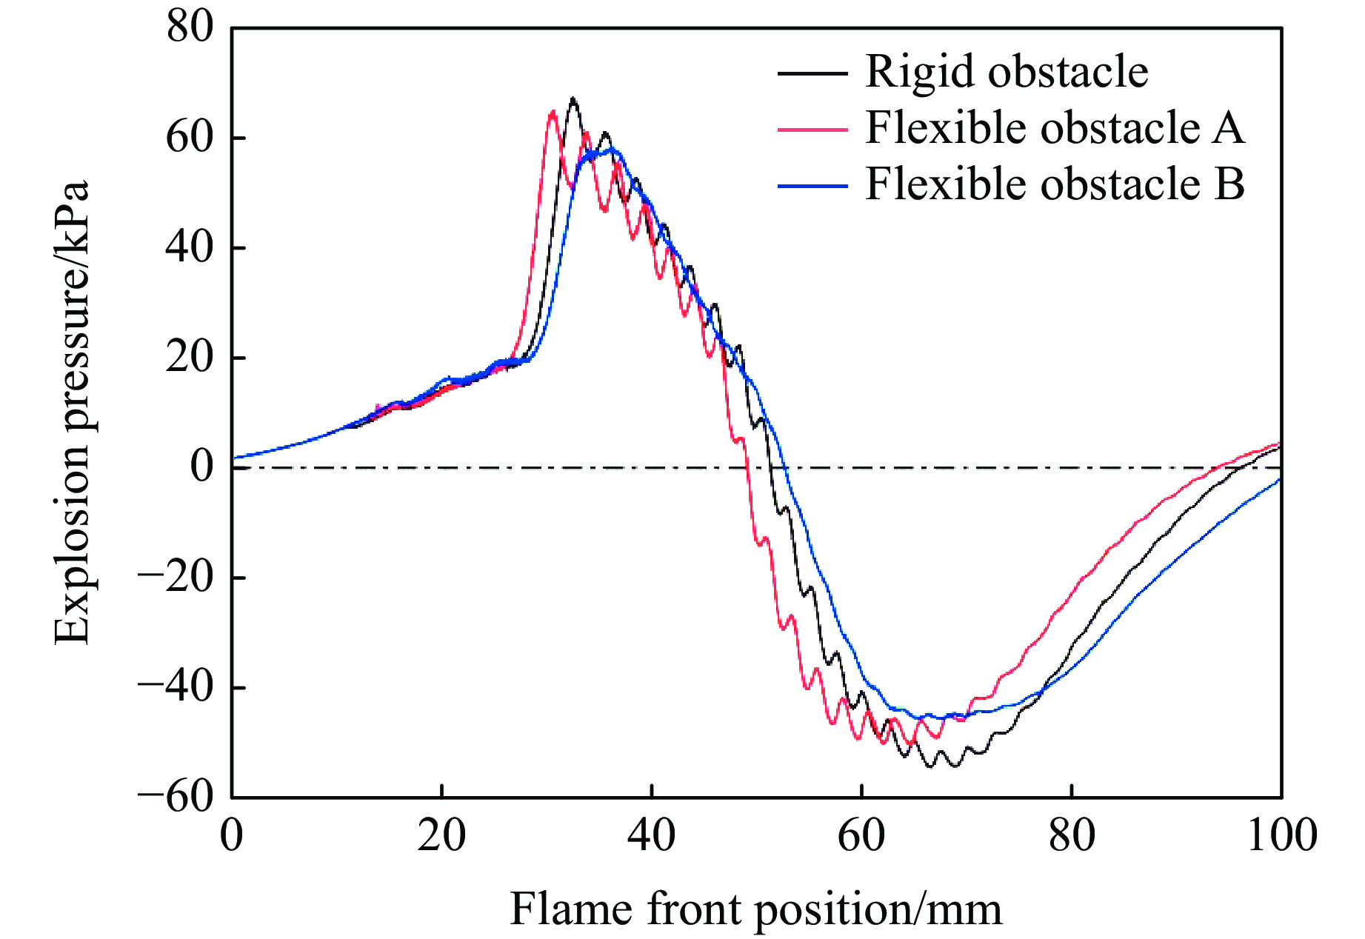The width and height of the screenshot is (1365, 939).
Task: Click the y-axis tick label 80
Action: pyautogui.click(x=190, y=28)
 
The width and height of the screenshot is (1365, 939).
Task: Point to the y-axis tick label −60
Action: pyautogui.click(x=176, y=797)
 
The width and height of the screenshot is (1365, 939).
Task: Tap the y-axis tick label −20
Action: pyautogui.click(x=176, y=577)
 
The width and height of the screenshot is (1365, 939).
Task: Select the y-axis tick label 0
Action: pyautogui.click(x=202, y=467)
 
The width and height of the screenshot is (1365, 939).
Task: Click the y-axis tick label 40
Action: pyautogui.click(x=190, y=247)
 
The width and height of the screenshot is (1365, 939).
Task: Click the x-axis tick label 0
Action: pyautogui.click(x=232, y=835)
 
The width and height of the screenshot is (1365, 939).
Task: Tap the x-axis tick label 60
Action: pyautogui.click(x=861, y=835)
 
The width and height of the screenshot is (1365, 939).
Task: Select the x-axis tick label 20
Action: pyautogui.click(x=441, y=835)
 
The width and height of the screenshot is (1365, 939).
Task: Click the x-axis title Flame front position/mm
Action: pyautogui.click(x=755, y=909)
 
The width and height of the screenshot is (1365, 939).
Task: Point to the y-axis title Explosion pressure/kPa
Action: pyautogui.click(x=73, y=412)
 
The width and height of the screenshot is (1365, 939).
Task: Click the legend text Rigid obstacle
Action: pyautogui.click(x=1007, y=73)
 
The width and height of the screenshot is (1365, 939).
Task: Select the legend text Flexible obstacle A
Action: pyautogui.click(x=1055, y=128)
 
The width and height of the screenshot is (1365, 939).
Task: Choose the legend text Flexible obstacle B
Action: pyautogui.click(x=1055, y=184)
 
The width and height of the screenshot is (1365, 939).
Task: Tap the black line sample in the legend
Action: pyautogui.click(x=812, y=73)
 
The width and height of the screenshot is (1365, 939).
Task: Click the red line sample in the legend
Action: pyautogui.click(x=812, y=130)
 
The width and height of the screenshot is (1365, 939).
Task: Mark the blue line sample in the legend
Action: pyautogui.click(x=812, y=186)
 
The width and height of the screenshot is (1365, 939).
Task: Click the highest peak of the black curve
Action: pyautogui.click(x=573, y=98)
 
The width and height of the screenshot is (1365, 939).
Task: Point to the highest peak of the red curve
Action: pyautogui.click(x=553, y=112)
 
